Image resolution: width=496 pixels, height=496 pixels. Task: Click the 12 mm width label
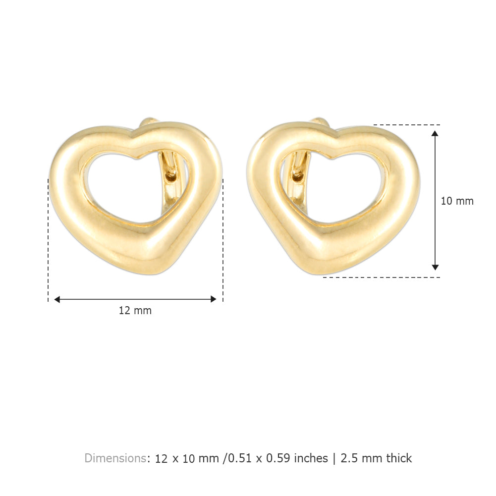tap(135, 311)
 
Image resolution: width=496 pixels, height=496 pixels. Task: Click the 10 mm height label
tap(457, 201)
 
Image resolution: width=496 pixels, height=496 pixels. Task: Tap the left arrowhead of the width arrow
tap(57, 299)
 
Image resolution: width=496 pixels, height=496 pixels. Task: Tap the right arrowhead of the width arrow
tap(214, 299)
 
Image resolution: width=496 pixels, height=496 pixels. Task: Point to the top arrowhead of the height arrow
tap(435, 133)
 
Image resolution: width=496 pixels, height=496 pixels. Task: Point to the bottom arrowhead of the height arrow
tap(435, 267)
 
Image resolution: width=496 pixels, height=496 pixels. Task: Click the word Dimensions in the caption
tap(115, 458)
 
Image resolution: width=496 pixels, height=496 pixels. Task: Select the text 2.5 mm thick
tap(376, 458)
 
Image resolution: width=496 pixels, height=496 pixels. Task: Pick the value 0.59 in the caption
tap(278, 458)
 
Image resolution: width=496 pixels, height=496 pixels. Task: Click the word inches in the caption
tap(311, 458)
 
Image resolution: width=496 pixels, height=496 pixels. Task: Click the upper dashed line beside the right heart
tap(406, 125)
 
